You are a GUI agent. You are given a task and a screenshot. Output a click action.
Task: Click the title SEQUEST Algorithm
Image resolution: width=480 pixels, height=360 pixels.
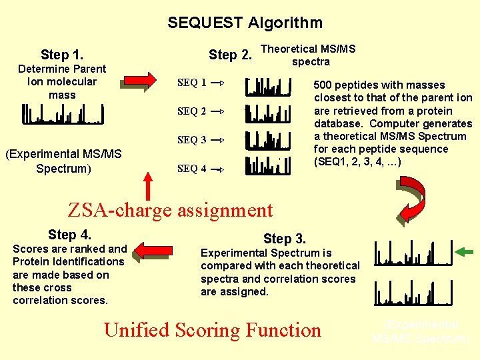[245, 23]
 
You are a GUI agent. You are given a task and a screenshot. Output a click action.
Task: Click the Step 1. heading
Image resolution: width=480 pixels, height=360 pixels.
[62, 55]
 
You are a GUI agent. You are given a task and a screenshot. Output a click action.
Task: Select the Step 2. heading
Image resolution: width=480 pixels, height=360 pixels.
[230, 55]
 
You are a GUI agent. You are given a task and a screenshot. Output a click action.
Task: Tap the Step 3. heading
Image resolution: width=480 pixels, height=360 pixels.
[285, 239]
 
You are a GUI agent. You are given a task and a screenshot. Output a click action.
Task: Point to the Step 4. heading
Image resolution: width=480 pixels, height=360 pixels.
[69, 235]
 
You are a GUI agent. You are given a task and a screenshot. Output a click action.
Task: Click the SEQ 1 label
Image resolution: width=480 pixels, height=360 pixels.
[191, 83]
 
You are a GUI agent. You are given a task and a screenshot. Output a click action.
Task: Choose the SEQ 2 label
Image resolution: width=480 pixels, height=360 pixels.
[191, 111]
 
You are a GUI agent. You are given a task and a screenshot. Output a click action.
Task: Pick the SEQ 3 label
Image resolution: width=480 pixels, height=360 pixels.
[191, 140]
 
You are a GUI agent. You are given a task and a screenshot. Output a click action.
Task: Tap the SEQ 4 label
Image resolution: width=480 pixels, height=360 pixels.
[191, 169]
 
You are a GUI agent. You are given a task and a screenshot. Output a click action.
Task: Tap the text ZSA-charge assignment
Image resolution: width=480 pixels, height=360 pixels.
[171, 210]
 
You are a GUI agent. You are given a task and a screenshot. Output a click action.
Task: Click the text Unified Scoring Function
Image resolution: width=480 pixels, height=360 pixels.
[213, 330]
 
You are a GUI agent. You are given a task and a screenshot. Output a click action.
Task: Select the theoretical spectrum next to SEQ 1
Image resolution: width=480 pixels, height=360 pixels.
[269, 86]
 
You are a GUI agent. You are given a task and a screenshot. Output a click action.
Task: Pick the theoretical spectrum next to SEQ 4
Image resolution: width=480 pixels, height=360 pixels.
[269, 165]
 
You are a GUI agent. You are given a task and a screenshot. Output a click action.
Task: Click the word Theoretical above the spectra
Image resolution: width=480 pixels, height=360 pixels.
[289, 49]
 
